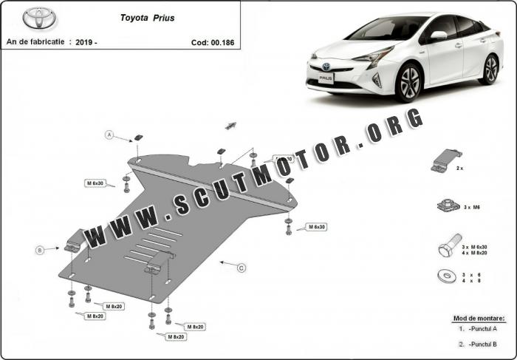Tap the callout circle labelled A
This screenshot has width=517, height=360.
(109, 135)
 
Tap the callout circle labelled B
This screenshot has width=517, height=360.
(40, 251)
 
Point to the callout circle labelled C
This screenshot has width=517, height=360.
(241, 268)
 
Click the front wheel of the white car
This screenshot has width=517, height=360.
(408, 84)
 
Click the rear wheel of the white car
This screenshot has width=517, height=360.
(490, 69)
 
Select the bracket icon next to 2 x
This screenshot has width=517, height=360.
(445, 161)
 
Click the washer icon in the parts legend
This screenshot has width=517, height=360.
(446, 276)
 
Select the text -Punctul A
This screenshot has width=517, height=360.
(482, 328)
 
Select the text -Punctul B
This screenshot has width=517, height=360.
(482, 344)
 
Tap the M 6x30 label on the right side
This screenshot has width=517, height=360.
(317, 227)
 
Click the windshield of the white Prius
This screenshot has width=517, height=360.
(384, 29)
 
